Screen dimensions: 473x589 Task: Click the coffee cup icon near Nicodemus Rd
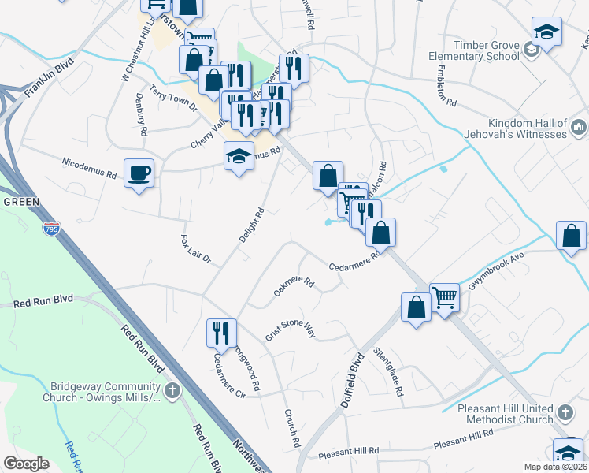point(139,173)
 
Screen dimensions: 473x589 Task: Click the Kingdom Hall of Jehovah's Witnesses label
point(527,128)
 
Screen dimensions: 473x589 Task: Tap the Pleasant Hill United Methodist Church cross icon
point(564,413)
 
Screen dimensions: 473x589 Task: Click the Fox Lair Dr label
point(196,248)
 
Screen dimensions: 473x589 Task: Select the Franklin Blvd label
point(49,76)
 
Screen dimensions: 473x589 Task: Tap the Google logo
point(27,464)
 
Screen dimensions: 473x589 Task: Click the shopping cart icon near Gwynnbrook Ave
point(444,297)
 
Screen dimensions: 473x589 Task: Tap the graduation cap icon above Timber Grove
point(546,32)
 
